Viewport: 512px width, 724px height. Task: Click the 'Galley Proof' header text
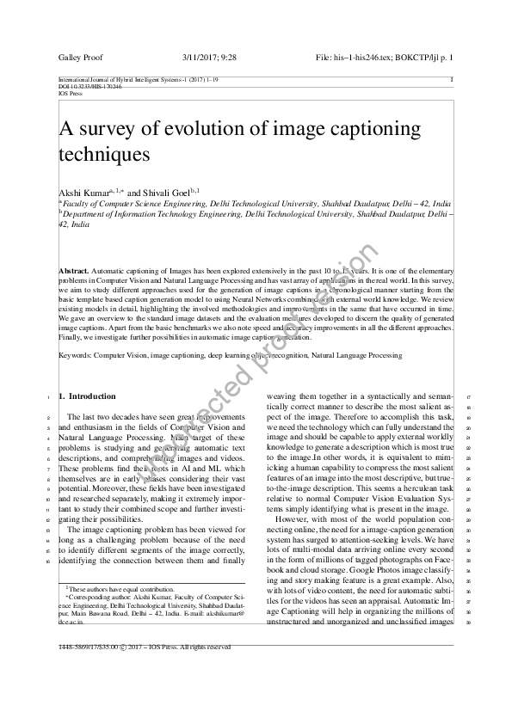tap(80, 57)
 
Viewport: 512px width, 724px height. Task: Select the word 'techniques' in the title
tap(104, 155)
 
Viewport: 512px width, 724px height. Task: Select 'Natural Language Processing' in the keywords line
tap(355, 353)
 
